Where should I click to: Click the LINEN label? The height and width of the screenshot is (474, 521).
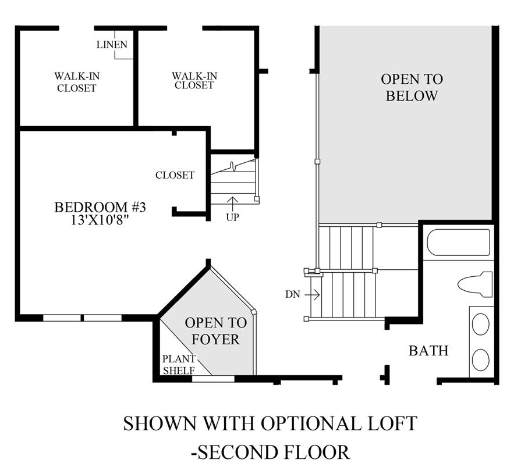(112, 45)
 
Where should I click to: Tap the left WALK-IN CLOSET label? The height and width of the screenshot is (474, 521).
(76, 82)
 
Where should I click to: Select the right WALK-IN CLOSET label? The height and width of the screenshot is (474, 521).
(194, 80)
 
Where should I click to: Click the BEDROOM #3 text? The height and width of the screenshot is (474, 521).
(91, 208)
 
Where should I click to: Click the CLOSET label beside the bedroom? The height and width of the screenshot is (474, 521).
(175, 175)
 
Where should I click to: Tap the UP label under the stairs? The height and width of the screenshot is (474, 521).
(232, 217)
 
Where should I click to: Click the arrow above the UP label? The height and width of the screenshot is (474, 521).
(232, 203)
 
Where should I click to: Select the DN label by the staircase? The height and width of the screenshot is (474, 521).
(293, 294)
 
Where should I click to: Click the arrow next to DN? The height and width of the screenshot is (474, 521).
(312, 294)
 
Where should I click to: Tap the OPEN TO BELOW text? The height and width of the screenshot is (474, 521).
(412, 87)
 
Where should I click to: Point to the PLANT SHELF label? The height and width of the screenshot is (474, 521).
(179, 365)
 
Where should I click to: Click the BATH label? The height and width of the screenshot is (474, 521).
(428, 351)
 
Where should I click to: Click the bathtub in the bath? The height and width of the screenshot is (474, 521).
(458, 242)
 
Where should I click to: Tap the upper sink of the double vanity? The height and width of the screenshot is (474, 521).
(481, 325)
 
